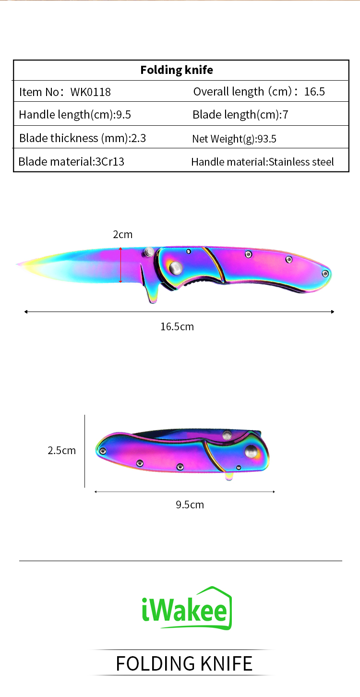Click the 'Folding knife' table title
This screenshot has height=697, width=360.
click(x=177, y=70)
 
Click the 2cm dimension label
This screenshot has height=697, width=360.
click(x=122, y=234)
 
